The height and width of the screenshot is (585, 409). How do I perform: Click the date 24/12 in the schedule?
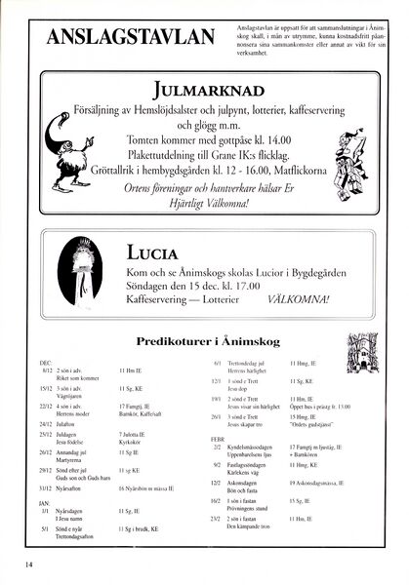click(46, 424)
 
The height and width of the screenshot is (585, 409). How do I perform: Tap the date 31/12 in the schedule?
click(46, 487)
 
